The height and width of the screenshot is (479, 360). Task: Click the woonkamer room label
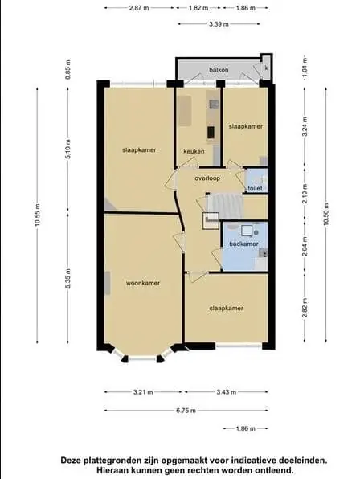click(143, 283)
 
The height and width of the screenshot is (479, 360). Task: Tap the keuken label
click(194, 151)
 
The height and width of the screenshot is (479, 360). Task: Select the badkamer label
click(243, 244)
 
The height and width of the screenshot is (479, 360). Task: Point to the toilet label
click(255, 189)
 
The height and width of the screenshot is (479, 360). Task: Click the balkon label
click(219, 70)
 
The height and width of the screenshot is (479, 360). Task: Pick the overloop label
click(207, 178)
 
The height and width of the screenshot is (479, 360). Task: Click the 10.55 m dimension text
click(37, 215)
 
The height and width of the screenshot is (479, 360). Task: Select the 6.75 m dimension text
click(186, 411)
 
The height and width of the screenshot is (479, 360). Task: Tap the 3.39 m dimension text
click(219, 24)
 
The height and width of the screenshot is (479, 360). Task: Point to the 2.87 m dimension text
click(139, 8)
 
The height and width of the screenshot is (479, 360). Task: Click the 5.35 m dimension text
click(67, 278)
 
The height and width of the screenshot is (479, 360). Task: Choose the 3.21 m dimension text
click(143, 392)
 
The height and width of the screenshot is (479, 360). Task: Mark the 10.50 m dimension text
click(325, 215)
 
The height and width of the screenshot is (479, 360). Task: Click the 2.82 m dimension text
click(305, 307)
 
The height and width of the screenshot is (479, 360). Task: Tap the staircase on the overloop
click(225, 203)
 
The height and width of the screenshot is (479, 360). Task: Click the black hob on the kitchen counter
click(211, 133)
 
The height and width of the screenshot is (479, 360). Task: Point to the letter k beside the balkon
click(266, 68)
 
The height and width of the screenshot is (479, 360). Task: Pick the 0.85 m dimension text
click(67, 69)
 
